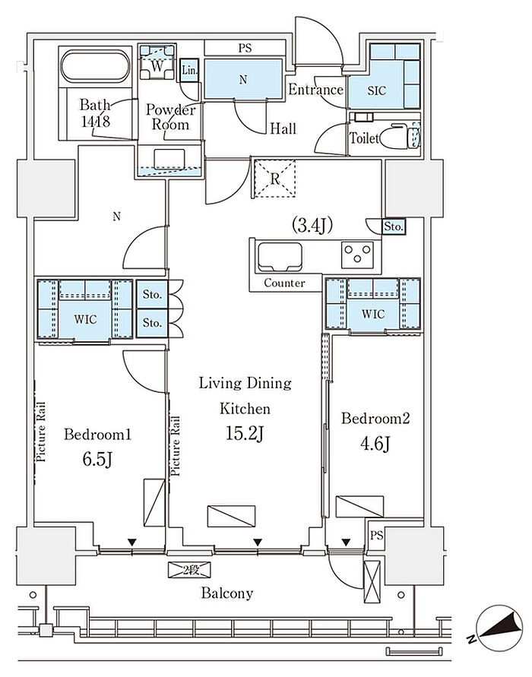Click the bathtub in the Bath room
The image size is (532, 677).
95,66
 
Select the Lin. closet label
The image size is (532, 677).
188,70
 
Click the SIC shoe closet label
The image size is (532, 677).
376,90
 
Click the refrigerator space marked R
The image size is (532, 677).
274,179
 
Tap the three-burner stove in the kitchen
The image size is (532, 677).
357,255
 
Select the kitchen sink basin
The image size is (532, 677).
279,257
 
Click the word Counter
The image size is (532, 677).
284,283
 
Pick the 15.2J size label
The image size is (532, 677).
245,435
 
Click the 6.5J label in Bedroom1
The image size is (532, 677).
97,460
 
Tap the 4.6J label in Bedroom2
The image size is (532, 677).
375,444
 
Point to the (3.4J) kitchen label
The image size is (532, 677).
312,225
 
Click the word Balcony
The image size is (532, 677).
226,593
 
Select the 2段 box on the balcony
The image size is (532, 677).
189,570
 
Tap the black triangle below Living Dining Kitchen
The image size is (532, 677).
258,543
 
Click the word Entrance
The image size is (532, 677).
315,90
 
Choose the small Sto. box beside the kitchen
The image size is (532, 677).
394,226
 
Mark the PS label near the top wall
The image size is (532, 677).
245,48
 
